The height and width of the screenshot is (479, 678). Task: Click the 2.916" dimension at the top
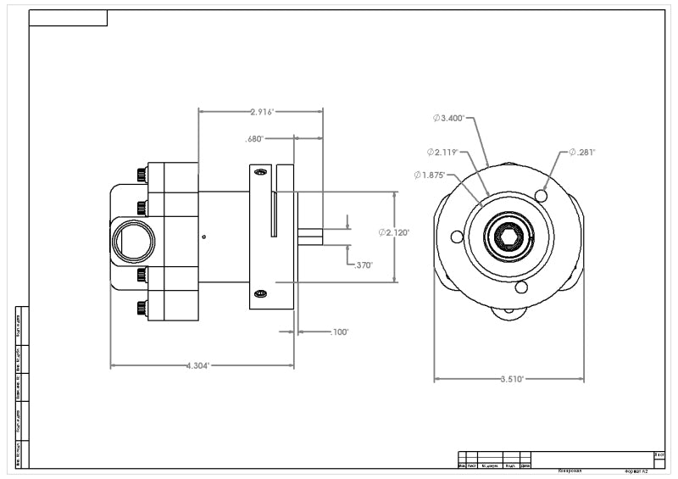(262, 111)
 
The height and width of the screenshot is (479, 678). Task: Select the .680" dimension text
(254, 138)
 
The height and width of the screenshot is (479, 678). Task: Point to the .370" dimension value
(362, 265)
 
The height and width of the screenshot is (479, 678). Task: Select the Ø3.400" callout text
(448, 118)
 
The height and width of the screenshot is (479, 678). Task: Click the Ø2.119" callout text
(442, 153)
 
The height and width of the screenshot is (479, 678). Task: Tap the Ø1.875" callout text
(430, 175)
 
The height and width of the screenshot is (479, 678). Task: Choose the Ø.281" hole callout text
(582, 153)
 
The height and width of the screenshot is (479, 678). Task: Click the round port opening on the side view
(131, 241)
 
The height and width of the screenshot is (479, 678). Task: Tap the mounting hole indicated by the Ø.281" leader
(542, 197)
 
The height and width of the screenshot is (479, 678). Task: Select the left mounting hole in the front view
(457, 236)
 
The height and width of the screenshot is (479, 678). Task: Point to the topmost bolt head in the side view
(140, 175)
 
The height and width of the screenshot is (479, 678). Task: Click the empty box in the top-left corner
(68, 19)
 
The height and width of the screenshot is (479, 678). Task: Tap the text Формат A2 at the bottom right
(636, 471)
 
